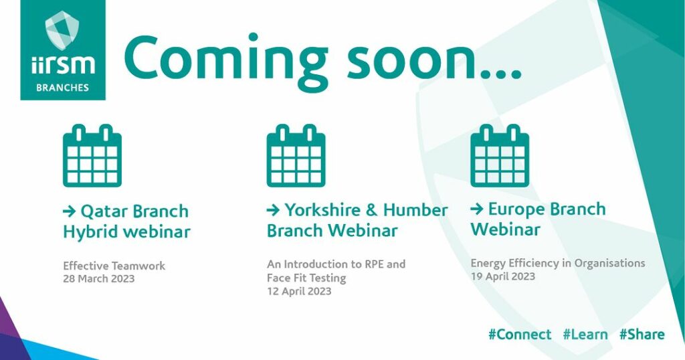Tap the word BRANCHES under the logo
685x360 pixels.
click(62, 88)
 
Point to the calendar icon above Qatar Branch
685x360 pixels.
click(92, 155)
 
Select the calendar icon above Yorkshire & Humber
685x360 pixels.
click(296, 155)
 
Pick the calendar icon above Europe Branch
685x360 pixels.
click(500, 155)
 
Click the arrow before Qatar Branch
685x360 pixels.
click(70, 211)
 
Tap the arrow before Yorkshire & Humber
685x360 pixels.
click(274, 210)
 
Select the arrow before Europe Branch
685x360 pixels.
click(477, 209)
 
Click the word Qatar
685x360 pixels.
click(104, 211)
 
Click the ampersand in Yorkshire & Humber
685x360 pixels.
click(371, 210)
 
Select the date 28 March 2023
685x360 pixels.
click(99, 279)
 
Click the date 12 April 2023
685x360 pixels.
click(299, 291)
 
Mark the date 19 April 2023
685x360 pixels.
click(503, 276)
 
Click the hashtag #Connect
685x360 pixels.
click(520, 335)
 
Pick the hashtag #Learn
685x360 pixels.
click(585, 335)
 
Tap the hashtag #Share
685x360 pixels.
click(642, 335)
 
